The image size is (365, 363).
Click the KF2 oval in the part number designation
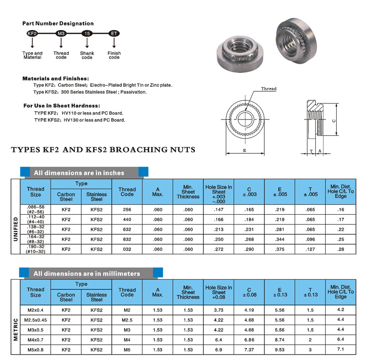(x=32, y=34)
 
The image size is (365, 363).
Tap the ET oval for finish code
(x=114, y=34)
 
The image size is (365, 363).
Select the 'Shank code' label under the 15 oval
(x=87, y=56)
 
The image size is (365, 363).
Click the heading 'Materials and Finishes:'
(x=56, y=78)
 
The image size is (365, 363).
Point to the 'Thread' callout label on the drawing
(x=269, y=88)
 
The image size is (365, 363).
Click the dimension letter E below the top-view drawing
(x=245, y=150)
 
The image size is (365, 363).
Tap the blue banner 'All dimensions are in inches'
(x=78, y=173)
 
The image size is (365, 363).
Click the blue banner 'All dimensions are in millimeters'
(x=87, y=273)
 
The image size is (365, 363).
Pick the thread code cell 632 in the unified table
(x=127, y=230)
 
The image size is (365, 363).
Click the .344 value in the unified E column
(x=280, y=239)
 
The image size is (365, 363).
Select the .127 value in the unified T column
(x=310, y=249)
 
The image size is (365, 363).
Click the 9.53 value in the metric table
(x=280, y=350)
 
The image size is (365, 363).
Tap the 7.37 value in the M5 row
(x=249, y=350)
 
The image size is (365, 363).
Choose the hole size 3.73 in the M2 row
(x=219, y=310)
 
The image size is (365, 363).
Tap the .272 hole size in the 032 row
(x=219, y=249)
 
